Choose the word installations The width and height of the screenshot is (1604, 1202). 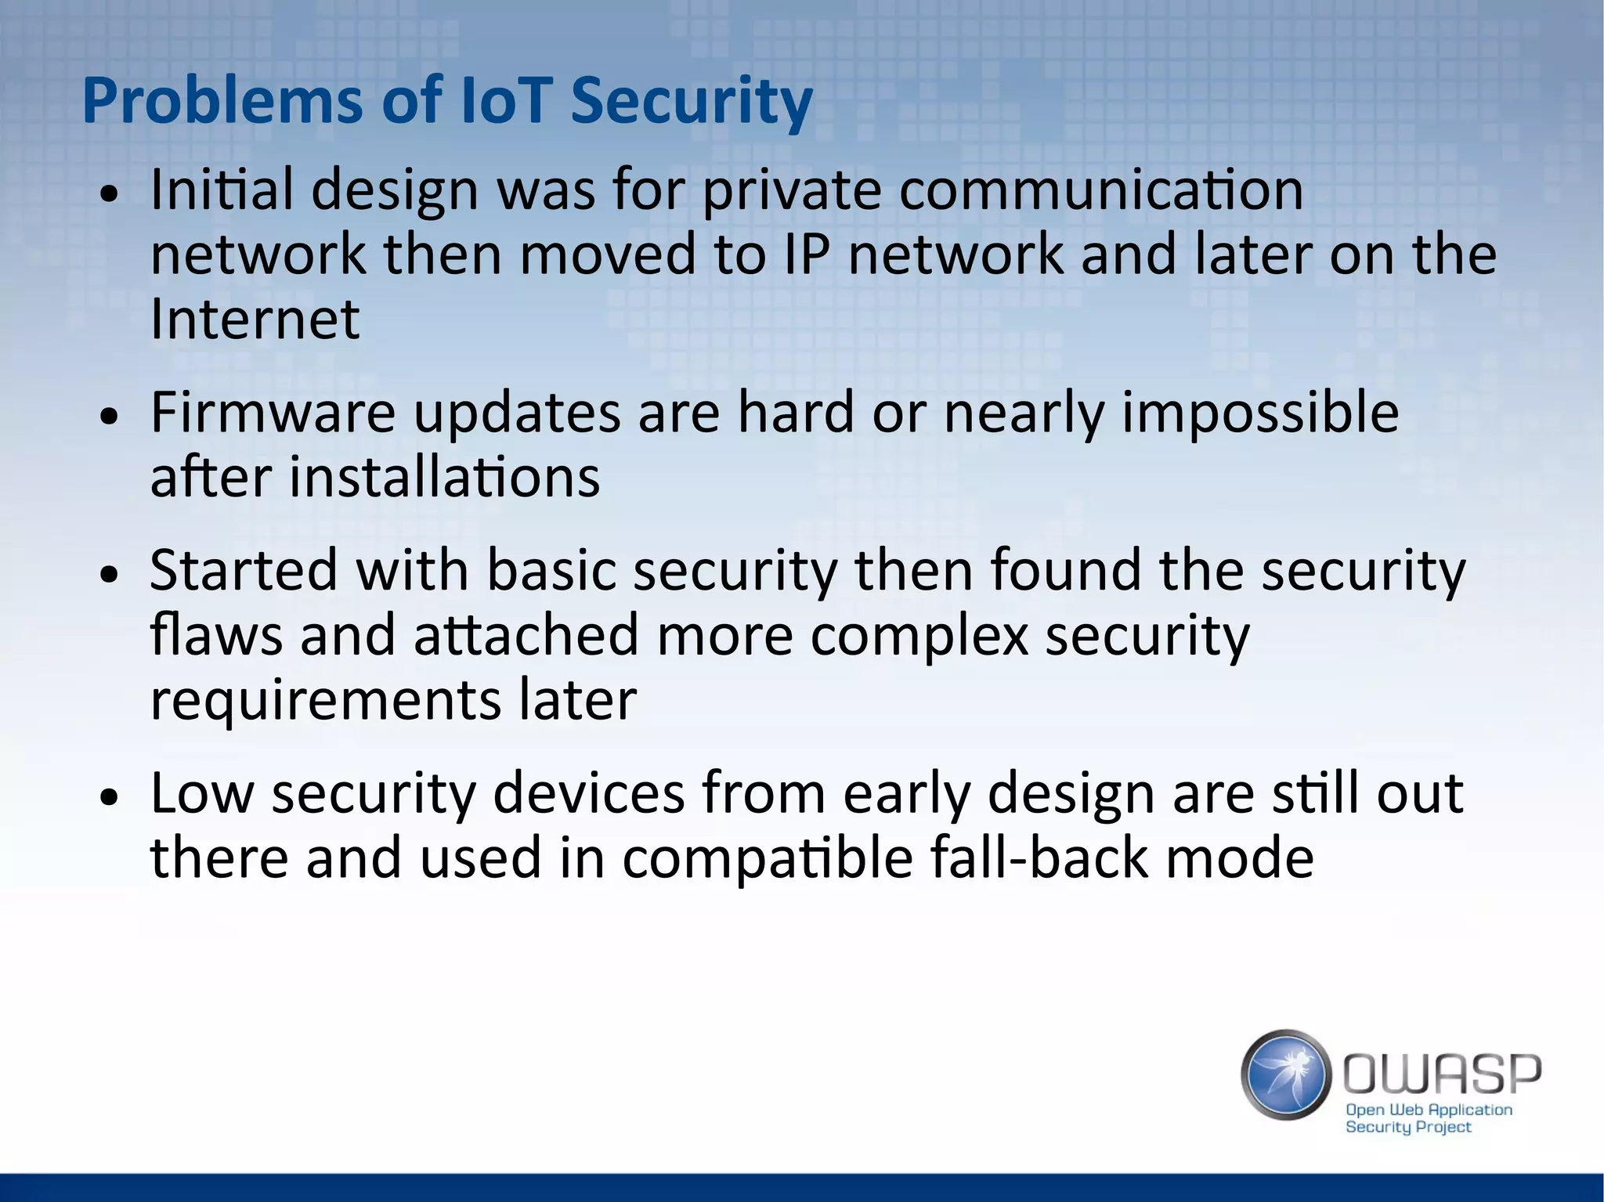(x=444, y=477)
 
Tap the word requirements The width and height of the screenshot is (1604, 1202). (x=325, y=699)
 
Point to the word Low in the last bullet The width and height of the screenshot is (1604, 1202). (x=202, y=792)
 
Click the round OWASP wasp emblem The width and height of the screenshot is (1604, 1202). (x=1286, y=1074)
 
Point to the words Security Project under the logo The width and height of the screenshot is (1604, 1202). (x=1408, y=1127)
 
